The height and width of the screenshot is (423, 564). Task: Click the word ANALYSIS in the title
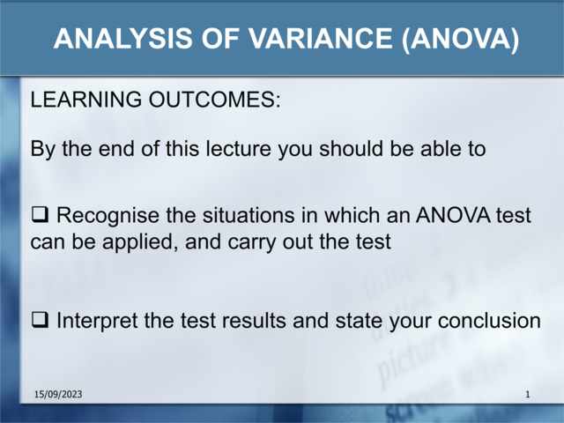pos(110,39)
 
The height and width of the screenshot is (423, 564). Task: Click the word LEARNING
pos(78,100)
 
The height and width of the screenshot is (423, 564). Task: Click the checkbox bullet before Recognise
pos(40,215)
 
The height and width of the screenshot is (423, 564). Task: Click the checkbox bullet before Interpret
pos(40,321)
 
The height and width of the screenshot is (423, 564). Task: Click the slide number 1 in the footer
pos(527,395)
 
